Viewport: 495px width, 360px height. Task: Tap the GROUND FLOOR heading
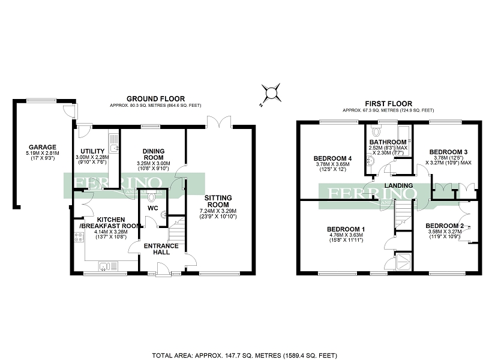[155, 99]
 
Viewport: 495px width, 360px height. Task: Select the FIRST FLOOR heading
[388, 104]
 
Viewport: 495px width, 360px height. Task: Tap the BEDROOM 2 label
[445, 226]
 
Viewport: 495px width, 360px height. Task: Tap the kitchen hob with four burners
[77, 236]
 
